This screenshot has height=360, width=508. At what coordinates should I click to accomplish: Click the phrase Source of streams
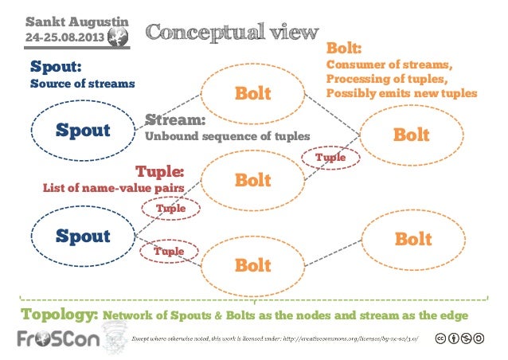pos(82,83)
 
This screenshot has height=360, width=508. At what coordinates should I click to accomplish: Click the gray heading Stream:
pos(175,121)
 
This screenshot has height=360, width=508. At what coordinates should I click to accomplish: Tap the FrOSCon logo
pos(56,340)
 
